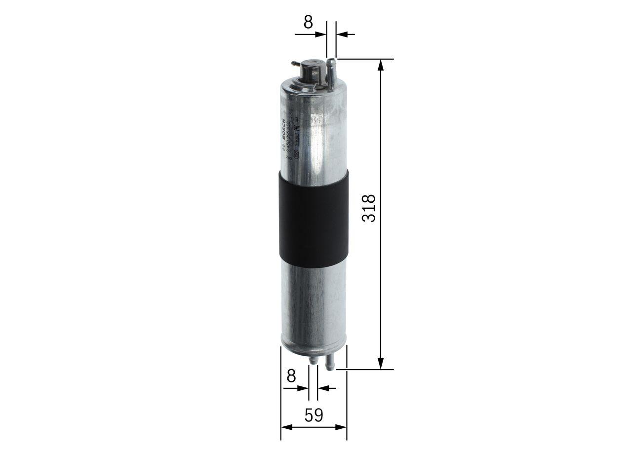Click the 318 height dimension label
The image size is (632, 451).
click(369, 208)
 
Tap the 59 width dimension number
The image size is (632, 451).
click(314, 415)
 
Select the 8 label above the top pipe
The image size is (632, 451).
click(308, 22)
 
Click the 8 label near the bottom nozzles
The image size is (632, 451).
click(291, 376)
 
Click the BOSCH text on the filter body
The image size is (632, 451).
click(284, 129)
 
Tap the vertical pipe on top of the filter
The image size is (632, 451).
click(332, 74)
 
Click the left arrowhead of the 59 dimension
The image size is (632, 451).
click(286, 427)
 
